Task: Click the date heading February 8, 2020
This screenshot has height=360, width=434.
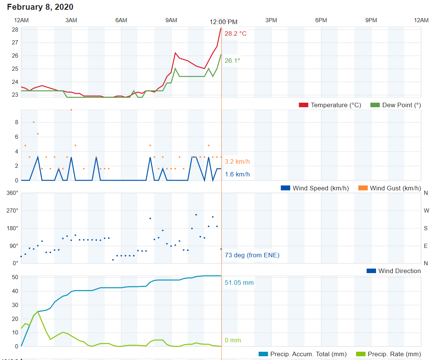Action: pos(40,7)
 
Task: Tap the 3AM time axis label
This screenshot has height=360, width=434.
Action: pos(71,20)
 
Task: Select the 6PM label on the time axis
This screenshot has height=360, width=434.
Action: pos(321,20)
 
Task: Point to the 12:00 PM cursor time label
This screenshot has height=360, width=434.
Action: pos(224,22)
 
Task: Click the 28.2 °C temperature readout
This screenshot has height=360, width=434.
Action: pos(236,34)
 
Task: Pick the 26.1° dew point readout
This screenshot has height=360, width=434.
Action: pos(232,61)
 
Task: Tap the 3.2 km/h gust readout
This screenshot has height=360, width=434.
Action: pos(237,162)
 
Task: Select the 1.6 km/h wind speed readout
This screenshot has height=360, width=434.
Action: pos(237,174)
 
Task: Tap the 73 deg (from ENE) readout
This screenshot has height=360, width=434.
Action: pos(252,255)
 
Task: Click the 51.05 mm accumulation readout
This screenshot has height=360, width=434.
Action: pos(239,283)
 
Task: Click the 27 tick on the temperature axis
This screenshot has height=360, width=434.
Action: pos(15,43)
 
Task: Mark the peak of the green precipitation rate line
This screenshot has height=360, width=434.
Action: pos(38,311)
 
